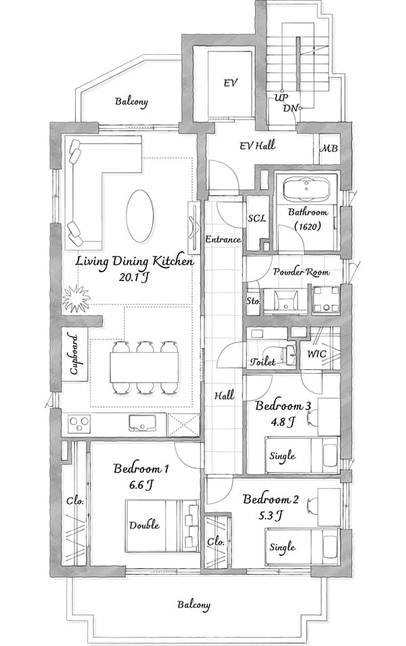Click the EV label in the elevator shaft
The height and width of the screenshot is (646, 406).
[231, 83]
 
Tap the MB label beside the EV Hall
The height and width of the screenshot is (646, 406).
[330, 148]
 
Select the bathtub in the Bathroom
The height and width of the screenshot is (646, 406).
[307, 188]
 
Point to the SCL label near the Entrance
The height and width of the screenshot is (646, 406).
[257, 218]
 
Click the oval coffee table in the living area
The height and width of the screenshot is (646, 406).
[141, 216]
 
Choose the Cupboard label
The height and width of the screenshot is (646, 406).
[74, 354]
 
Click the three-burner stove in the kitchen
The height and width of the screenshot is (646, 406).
[79, 424]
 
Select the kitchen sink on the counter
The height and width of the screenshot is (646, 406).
[142, 423]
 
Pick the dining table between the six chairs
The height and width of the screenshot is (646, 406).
[144, 366]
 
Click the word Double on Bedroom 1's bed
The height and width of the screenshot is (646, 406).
[144, 525]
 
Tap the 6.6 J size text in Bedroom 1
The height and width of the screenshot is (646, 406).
[141, 485]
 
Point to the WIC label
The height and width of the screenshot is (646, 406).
[317, 353]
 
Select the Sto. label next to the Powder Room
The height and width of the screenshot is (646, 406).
[253, 301]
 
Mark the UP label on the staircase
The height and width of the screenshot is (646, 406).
[281, 98]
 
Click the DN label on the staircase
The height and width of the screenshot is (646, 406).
[291, 108]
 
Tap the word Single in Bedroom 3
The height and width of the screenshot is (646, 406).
[282, 456]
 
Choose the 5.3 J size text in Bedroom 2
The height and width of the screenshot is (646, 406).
[270, 515]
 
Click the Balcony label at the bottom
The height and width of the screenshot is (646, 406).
[194, 605]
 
